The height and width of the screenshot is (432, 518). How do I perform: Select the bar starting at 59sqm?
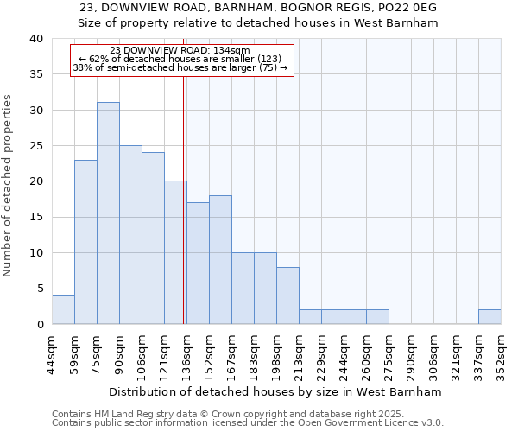(85, 242)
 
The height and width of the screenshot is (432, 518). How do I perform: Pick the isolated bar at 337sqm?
(490, 316)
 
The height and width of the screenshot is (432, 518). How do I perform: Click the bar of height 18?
(220, 259)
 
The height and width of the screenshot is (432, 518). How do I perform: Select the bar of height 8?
(287, 295)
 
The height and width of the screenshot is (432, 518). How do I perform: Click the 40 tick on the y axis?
(36, 39)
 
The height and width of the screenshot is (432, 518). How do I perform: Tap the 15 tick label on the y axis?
(36, 217)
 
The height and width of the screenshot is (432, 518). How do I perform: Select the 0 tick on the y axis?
(40, 324)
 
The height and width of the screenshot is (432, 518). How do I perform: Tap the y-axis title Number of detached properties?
(9, 199)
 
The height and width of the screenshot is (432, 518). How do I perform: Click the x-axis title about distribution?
(276, 391)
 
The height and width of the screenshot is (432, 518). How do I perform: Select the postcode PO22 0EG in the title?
(409, 8)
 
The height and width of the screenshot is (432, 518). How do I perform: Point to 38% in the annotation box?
(83, 67)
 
